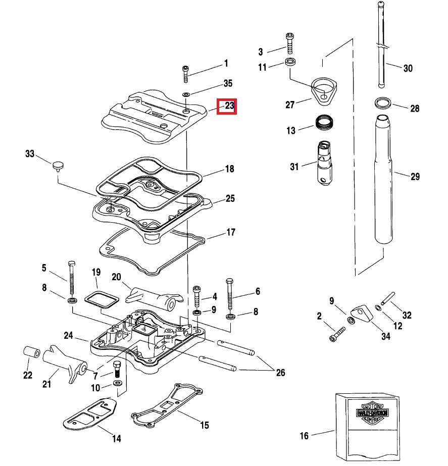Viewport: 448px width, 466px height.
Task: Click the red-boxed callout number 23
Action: (227, 106)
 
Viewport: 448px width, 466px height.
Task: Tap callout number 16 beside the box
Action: (304, 435)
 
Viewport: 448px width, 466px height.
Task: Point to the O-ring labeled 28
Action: (382, 103)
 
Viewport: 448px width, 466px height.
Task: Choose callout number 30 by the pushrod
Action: (408, 68)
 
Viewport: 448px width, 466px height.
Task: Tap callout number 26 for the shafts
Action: (280, 373)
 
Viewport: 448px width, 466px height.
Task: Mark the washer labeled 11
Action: (291, 63)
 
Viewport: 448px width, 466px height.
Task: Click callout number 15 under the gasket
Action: (204, 425)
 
